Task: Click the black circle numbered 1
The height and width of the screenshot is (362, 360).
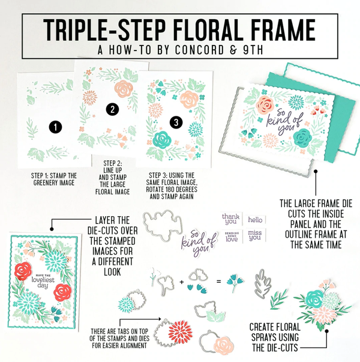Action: pos(55,127)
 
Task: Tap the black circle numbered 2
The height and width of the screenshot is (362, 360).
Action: pos(112,109)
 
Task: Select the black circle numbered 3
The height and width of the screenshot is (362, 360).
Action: pos(176,122)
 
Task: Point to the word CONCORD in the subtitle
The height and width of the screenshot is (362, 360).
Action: pos(199,50)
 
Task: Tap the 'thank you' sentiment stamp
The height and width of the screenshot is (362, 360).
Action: pos(230,219)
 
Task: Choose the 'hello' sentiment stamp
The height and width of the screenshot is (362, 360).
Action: pos(255,220)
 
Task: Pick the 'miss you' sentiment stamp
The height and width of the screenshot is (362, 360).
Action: pos(255,235)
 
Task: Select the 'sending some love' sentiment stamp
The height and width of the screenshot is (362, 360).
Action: pos(232,237)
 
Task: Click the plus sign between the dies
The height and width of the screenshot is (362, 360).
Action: pos(182,282)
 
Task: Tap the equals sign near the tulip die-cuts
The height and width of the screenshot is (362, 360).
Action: pos(218,282)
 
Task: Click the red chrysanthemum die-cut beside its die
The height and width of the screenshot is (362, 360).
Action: pos(181,331)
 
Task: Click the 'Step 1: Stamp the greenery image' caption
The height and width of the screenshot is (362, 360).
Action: pos(54,179)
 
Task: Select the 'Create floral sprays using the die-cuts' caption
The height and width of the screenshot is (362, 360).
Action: pos(275,337)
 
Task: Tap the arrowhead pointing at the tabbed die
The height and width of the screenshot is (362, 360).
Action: pos(159,319)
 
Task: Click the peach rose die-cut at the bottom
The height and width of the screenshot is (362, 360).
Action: pos(223,346)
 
